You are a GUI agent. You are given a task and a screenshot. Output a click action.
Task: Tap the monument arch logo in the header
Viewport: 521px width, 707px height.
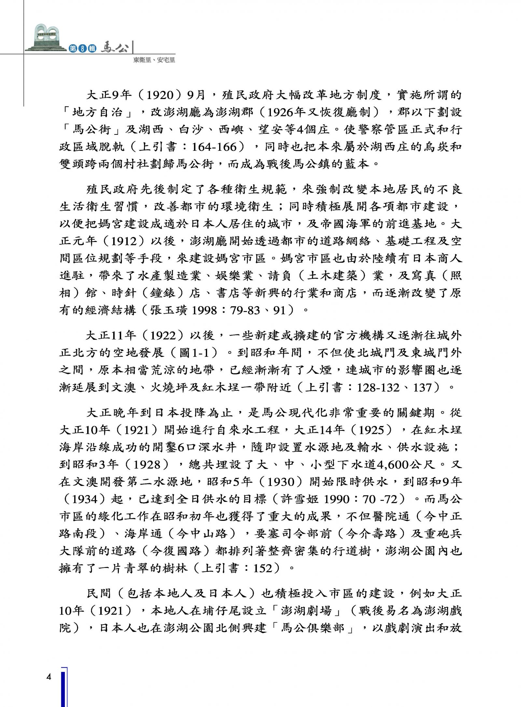click(47, 37)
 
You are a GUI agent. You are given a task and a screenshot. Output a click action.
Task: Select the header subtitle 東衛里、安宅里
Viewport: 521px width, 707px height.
click(154, 60)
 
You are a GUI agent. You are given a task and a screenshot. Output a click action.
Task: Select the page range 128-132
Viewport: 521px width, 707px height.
click(378, 388)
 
